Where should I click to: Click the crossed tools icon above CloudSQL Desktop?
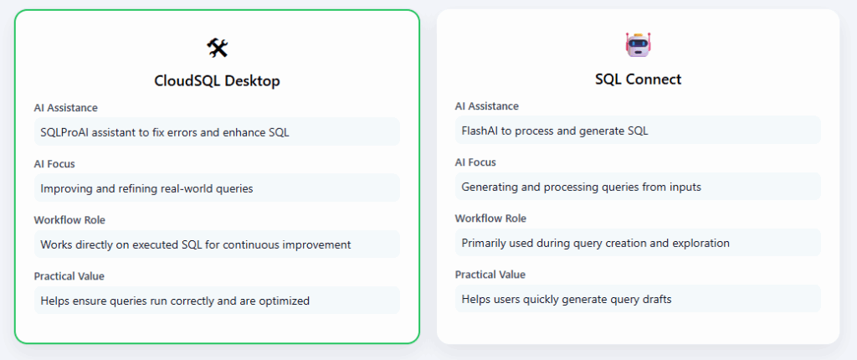pos(217,49)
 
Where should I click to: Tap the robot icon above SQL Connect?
pos(638,45)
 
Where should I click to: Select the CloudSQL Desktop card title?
pos(217,81)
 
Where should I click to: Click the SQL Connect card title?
pos(638,80)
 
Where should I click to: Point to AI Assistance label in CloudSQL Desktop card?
pos(66,107)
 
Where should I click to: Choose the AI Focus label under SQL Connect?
pos(476,162)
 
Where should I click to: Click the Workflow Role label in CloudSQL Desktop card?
pos(69,219)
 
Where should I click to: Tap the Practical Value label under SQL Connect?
pos(490,275)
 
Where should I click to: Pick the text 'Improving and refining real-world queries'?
pos(146,188)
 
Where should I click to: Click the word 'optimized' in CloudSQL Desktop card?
pos(282,301)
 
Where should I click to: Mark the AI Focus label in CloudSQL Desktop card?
pos(54,164)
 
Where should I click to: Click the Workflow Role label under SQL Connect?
pos(490,219)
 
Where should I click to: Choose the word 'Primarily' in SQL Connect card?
pos(485,243)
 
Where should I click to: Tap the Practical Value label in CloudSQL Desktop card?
pos(69,275)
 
